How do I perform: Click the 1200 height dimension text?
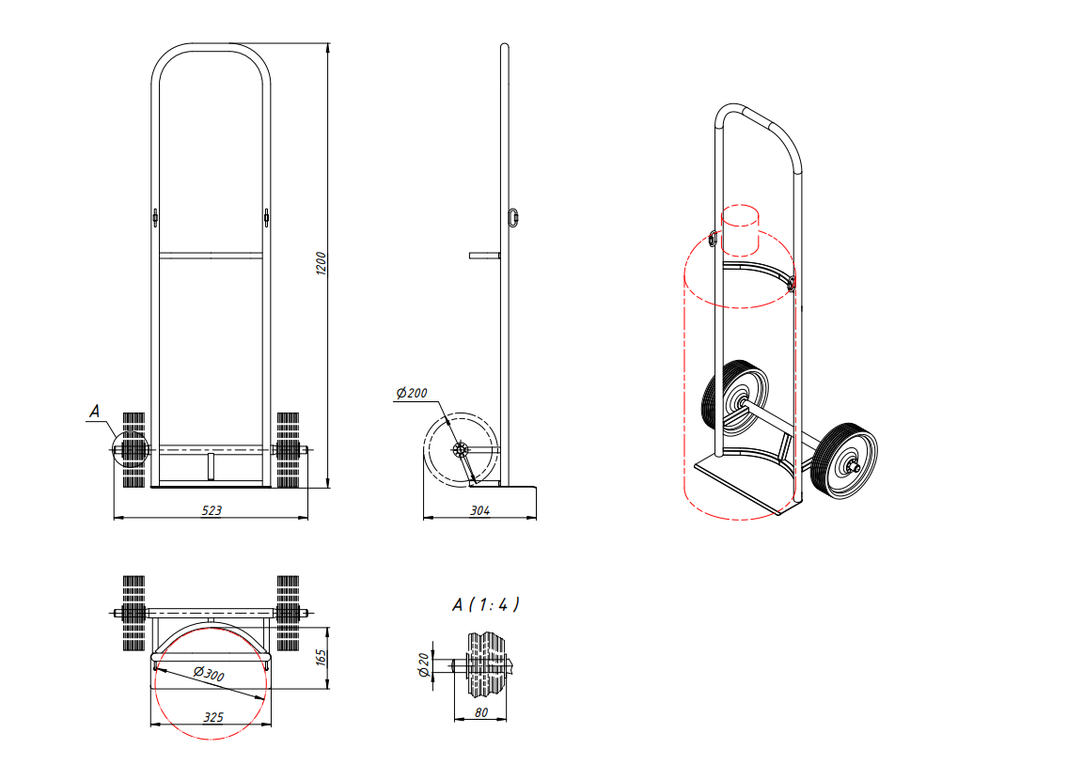click(x=321, y=264)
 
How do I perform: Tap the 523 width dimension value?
click(x=212, y=510)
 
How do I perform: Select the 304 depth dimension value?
click(x=479, y=510)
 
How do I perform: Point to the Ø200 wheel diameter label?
click(x=412, y=393)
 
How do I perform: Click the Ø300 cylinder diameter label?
click(x=209, y=673)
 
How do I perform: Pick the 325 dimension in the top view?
click(x=212, y=718)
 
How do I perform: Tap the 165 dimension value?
click(x=322, y=657)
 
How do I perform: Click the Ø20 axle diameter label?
click(x=424, y=664)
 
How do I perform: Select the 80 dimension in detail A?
click(x=481, y=713)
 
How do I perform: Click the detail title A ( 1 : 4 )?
click(x=485, y=605)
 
